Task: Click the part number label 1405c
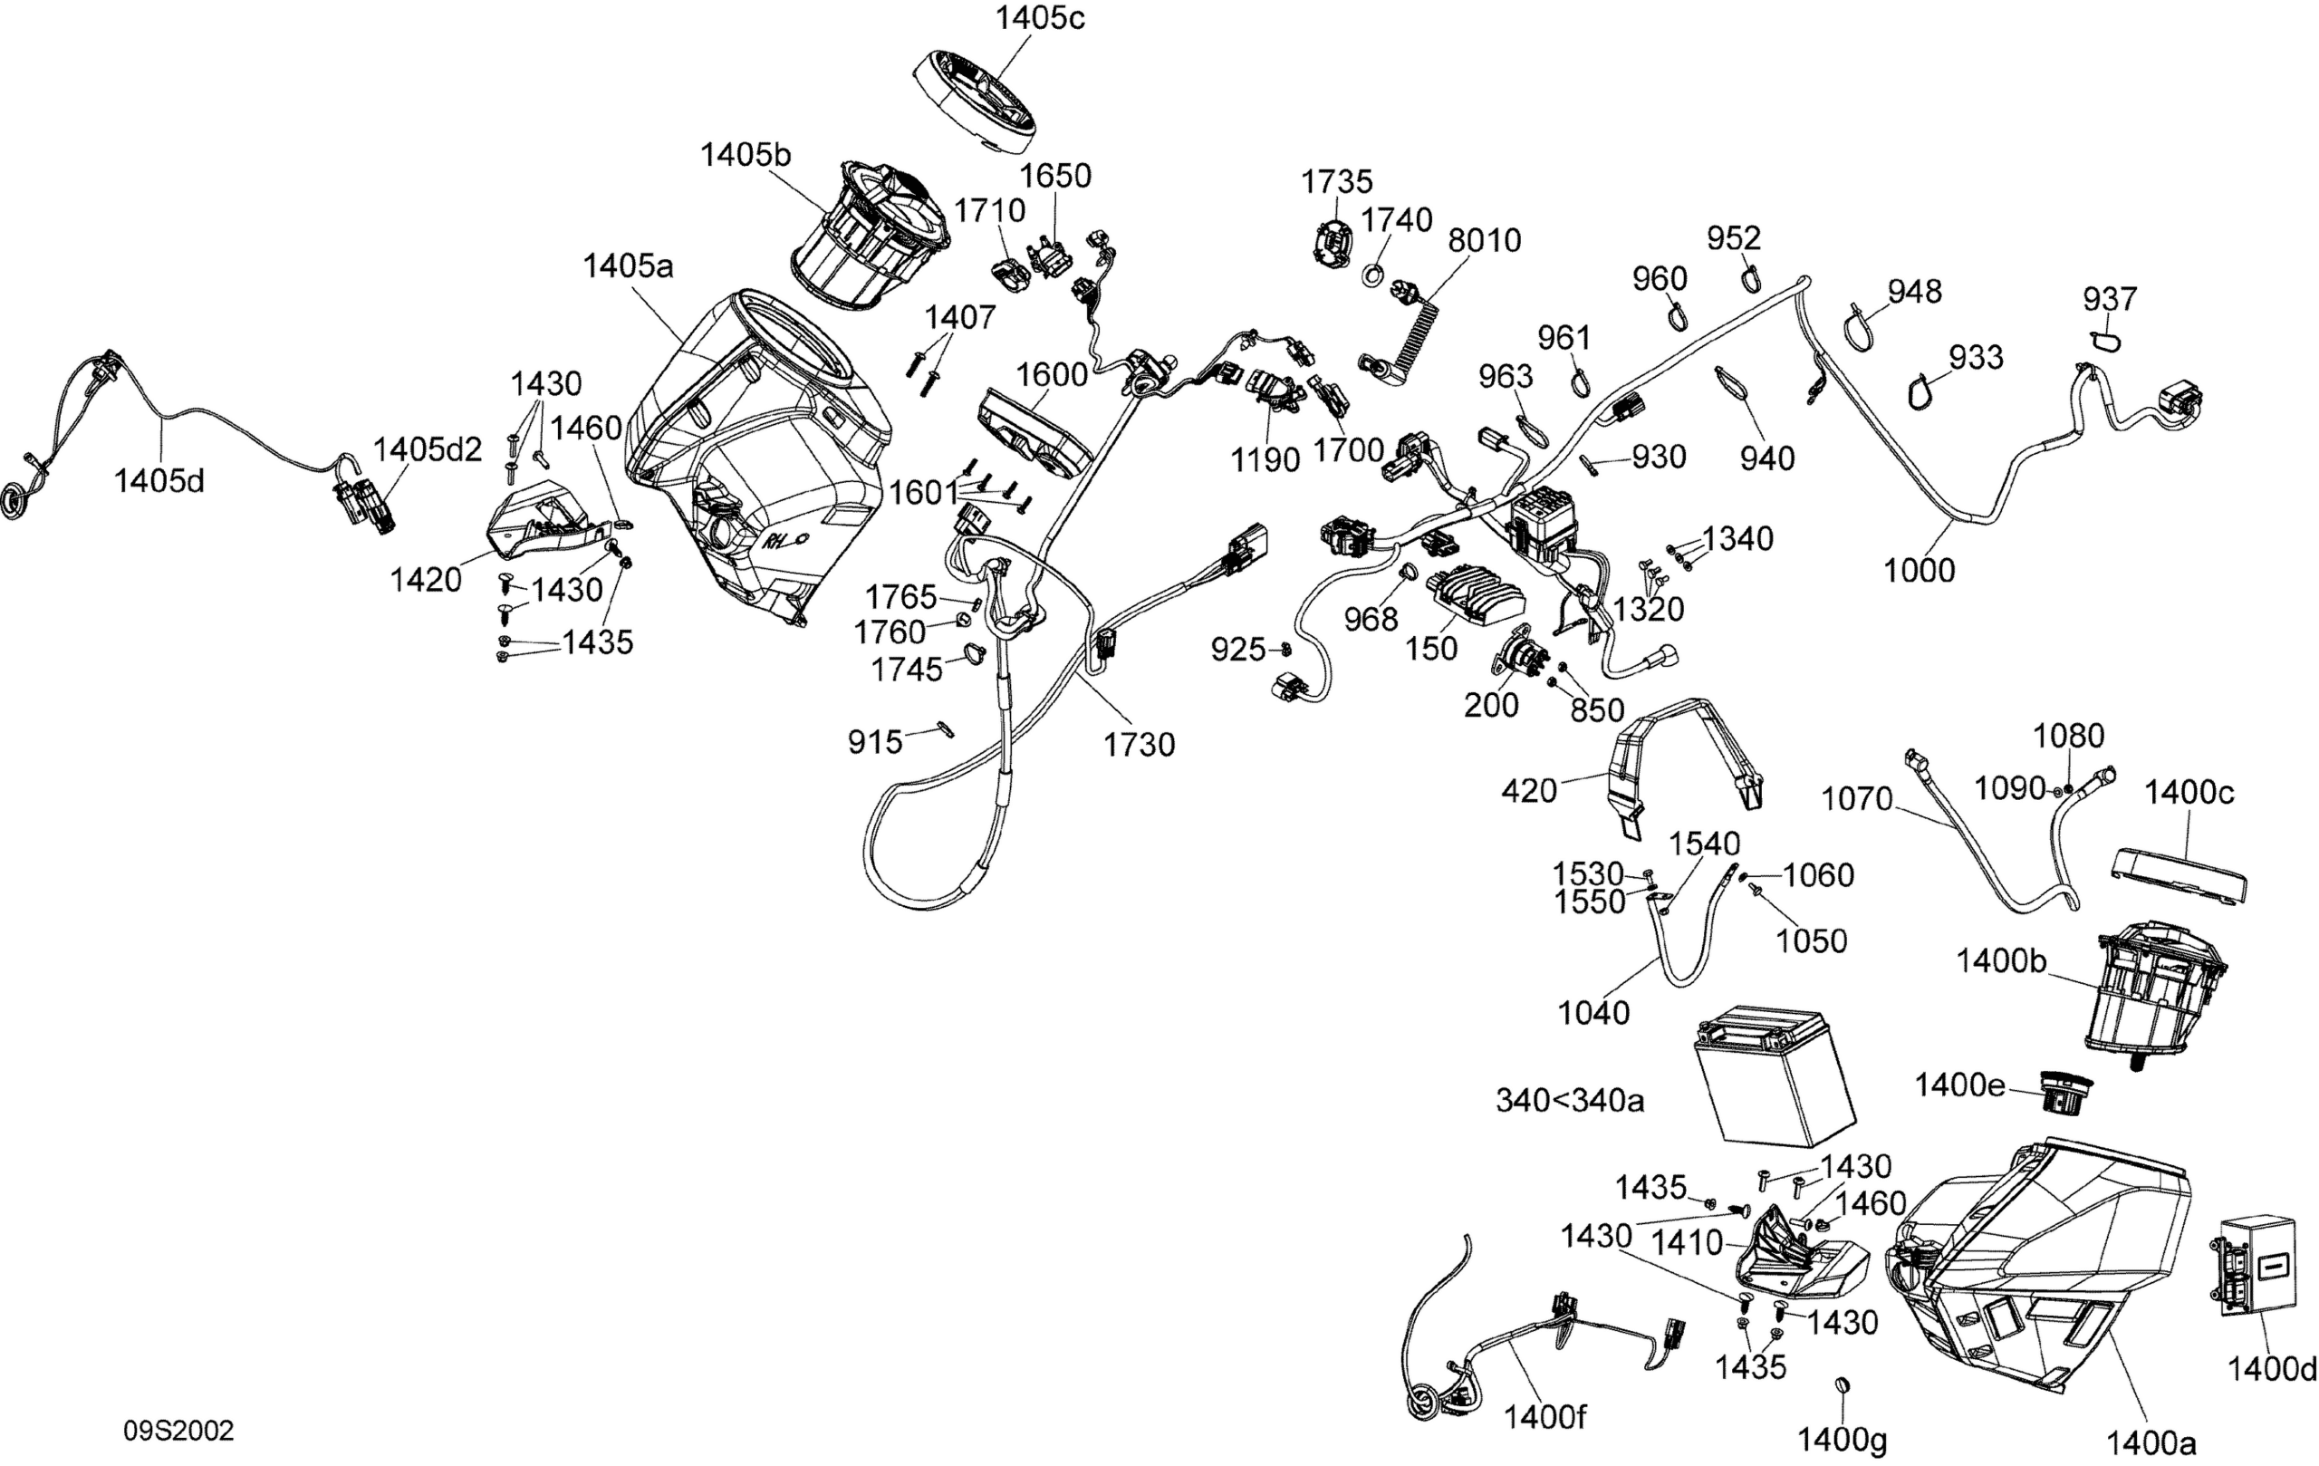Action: pyautogui.click(x=1039, y=18)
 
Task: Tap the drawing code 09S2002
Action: pyautogui.click(x=178, y=1431)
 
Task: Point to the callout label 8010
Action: pyautogui.click(x=1484, y=240)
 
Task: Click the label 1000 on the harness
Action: pyautogui.click(x=1919, y=570)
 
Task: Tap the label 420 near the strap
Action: pyautogui.click(x=1528, y=791)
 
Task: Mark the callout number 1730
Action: pyautogui.click(x=1139, y=745)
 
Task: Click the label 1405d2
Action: pyautogui.click(x=427, y=448)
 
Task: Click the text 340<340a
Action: pyautogui.click(x=1569, y=1100)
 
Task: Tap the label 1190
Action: pyautogui.click(x=1265, y=460)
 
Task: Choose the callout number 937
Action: pyautogui.click(x=2109, y=299)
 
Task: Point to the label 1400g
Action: pyautogui.click(x=1842, y=1440)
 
